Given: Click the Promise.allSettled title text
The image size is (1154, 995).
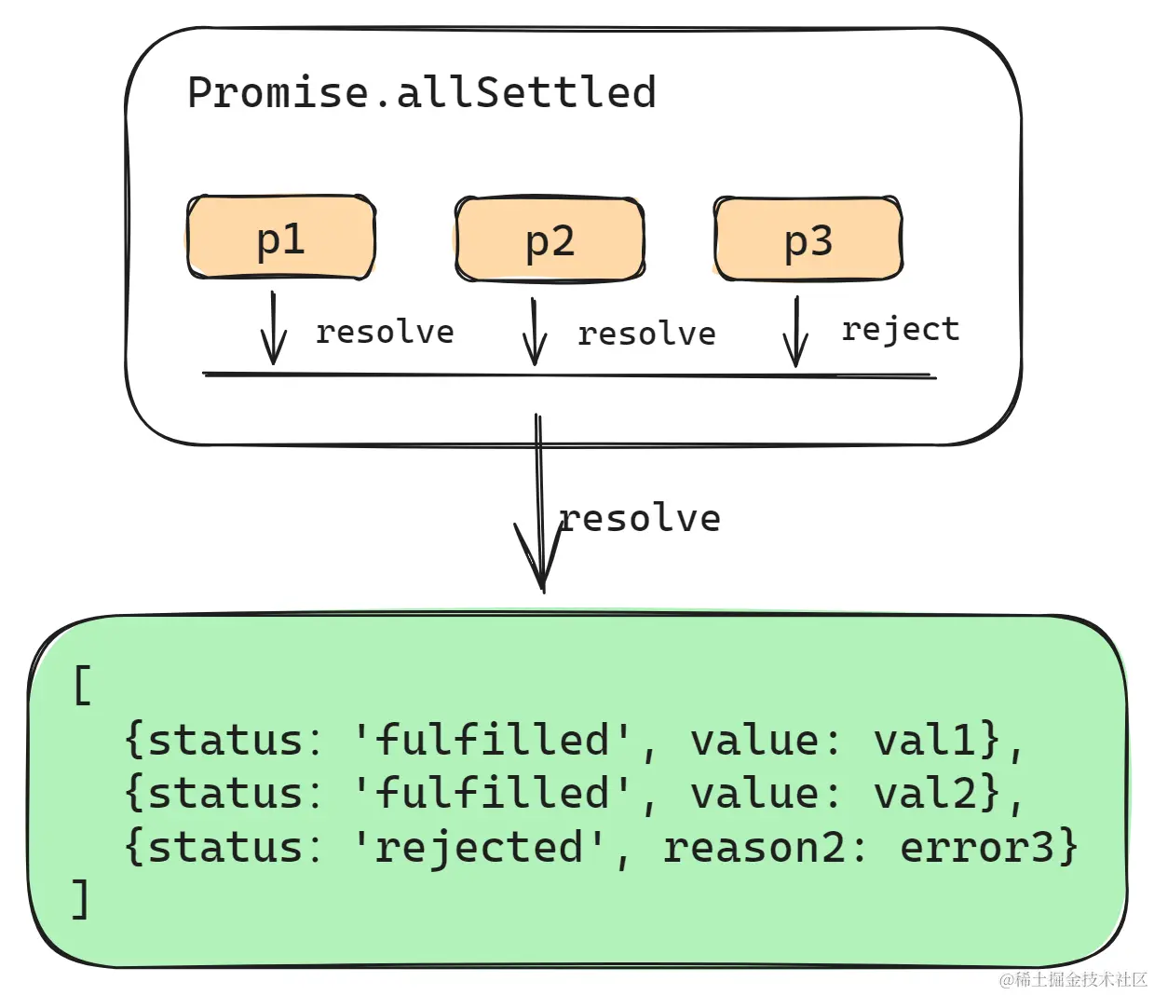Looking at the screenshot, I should tap(422, 93).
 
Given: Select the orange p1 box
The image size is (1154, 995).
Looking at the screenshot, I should tap(280, 239).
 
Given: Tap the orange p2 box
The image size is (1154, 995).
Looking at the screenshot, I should tap(550, 240).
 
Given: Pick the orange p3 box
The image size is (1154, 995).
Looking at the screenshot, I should tap(808, 239).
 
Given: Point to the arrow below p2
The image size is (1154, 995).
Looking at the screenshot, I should tap(534, 333).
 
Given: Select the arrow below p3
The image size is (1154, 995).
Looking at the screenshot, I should tap(795, 333).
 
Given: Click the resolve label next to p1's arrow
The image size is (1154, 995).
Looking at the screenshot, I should tap(385, 332).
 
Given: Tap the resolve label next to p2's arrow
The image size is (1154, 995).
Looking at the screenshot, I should tap(646, 334).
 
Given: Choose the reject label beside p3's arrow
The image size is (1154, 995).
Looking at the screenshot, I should tap(900, 329).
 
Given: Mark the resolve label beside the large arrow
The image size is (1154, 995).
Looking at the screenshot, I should tap(641, 519).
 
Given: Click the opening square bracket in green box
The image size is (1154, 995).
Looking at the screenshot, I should tap(82, 686).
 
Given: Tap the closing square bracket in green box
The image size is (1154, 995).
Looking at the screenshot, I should tap(82, 899).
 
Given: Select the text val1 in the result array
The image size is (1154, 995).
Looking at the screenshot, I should tap(924, 740).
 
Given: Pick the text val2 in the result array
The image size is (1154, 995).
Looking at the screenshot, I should tap(924, 793).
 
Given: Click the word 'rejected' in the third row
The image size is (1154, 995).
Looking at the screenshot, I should tap(480, 847).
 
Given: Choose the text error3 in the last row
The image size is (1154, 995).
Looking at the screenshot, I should tap(977, 847).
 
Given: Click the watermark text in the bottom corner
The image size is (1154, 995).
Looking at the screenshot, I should tap(1072, 979).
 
